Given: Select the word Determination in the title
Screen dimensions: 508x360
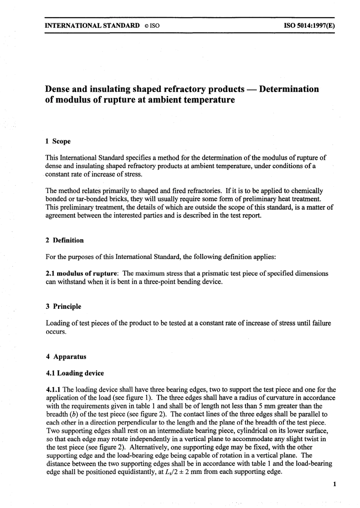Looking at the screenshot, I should [x=290, y=89].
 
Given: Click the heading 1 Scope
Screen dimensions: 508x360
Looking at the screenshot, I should [x=58, y=141].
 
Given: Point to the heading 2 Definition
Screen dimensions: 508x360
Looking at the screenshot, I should [x=64, y=240].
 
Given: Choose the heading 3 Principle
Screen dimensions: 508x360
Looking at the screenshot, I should [x=63, y=306].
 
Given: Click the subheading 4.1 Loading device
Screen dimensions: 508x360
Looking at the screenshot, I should [x=75, y=373].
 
